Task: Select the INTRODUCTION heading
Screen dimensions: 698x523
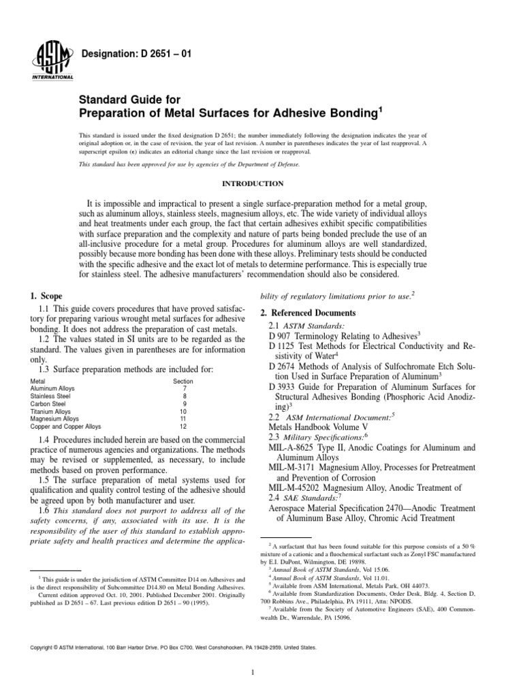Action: (261, 183)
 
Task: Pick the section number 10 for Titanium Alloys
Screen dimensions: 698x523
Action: (183, 412)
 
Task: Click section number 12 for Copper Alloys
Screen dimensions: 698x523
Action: (183, 429)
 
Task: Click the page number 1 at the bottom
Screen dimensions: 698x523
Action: (252, 675)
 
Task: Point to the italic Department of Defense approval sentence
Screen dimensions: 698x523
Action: (190, 164)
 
